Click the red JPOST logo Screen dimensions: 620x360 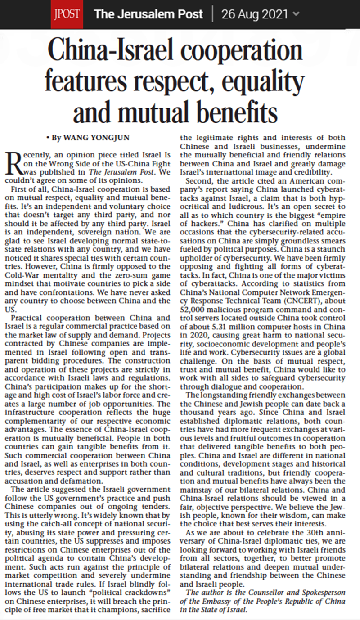tap(67, 14)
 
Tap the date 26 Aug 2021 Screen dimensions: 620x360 tap(254, 14)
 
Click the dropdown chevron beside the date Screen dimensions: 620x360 tap(296, 14)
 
